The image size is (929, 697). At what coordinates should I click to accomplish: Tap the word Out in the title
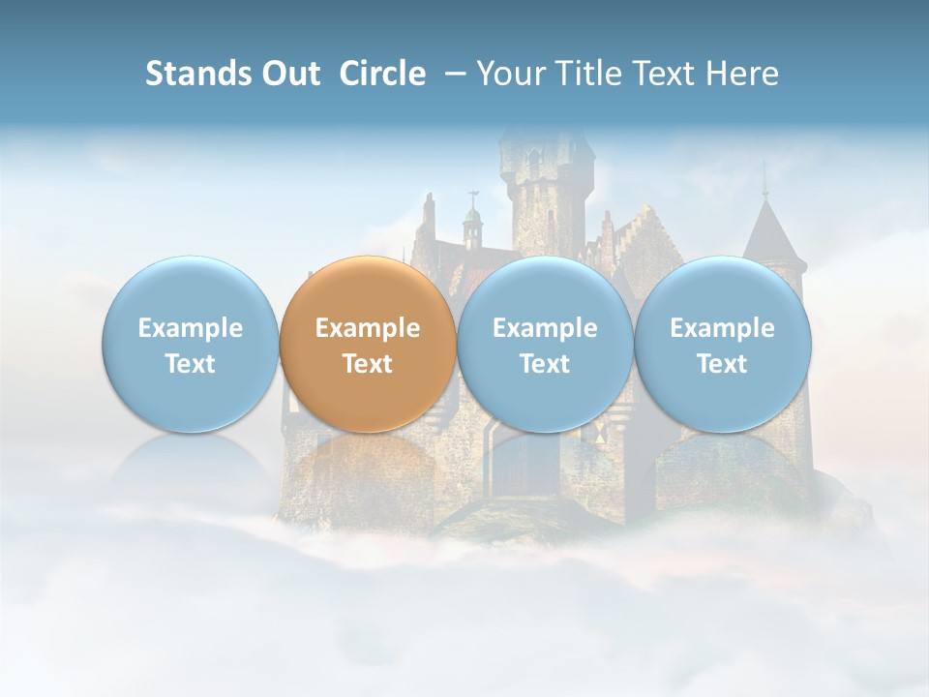click(288, 74)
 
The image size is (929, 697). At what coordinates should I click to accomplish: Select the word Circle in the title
click(382, 74)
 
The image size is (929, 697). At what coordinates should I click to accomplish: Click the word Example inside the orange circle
click(368, 328)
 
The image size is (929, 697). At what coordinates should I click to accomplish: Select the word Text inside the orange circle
click(368, 364)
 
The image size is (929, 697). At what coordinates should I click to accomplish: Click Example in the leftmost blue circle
click(190, 328)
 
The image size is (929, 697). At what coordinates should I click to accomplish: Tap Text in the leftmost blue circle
click(190, 364)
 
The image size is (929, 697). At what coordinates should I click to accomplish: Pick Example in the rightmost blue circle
click(722, 328)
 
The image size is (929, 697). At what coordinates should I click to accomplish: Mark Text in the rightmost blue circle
click(722, 364)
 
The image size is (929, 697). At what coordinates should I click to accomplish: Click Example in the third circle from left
click(545, 328)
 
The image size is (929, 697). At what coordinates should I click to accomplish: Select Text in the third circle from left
click(545, 364)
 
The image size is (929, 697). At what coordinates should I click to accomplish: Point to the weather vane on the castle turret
click(472, 198)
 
